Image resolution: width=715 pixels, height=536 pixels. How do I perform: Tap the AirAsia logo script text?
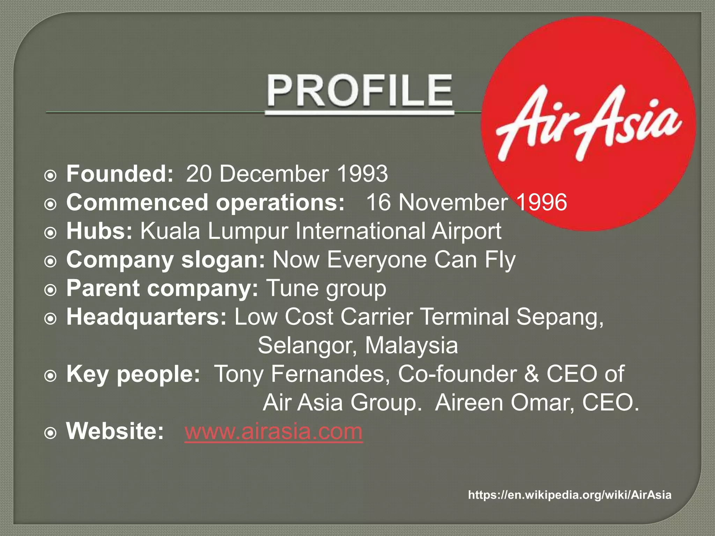pyautogui.click(x=588, y=124)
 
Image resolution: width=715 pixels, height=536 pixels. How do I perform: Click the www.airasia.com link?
pyautogui.click(x=273, y=431)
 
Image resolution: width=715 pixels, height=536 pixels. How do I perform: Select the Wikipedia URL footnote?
pyautogui.click(x=569, y=495)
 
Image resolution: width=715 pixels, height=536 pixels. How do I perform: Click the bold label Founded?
pyautogui.click(x=120, y=173)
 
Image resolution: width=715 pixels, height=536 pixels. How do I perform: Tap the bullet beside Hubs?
pyautogui.click(x=51, y=233)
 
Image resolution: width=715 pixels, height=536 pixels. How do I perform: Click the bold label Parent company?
pyautogui.click(x=162, y=289)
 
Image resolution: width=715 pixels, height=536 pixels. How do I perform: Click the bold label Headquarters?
pyautogui.click(x=147, y=317)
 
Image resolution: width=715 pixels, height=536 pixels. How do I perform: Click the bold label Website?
pyautogui.click(x=115, y=431)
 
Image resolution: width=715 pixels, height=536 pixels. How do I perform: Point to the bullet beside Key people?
pyautogui.click(x=51, y=376)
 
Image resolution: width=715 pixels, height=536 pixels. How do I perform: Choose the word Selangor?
pyautogui.click(x=307, y=345)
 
